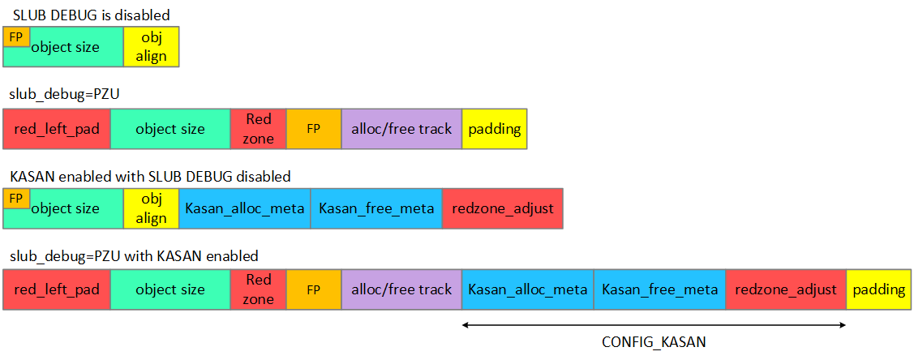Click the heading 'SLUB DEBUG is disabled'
coord(92,15)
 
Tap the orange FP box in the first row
coord(16,36)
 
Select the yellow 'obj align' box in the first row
coord(151,47)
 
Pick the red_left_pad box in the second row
coord(57,129)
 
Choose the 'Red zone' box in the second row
coord(259,129)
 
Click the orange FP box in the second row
coord(314,129)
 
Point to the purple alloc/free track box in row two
coord(401,129)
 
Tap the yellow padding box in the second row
coord(495,129)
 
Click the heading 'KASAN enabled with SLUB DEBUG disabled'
coord(150,176)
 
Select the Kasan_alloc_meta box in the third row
coord(245,208)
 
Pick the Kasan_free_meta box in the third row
coord(376,208)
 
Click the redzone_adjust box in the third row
coord(502,208)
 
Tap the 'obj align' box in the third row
coord(151,208)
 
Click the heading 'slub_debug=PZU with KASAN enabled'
coord(134,256)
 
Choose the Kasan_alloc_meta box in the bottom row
coord(528,289)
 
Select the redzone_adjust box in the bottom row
coord(786,289)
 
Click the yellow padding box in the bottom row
coord(879,289)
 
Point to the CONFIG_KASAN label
coord(654,342)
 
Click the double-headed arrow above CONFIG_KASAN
coord(654,325)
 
